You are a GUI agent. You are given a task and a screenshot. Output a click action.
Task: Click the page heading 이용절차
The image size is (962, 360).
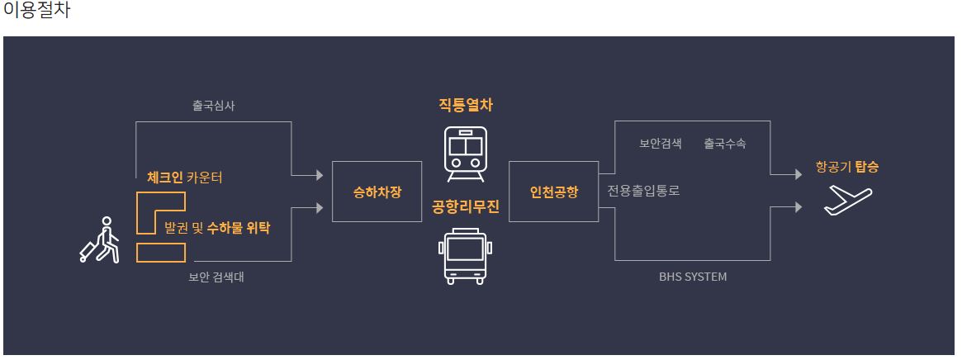36,12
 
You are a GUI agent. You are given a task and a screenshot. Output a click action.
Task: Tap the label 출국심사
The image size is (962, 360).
214,105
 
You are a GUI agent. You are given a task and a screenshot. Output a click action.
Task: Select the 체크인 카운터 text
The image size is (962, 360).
184,177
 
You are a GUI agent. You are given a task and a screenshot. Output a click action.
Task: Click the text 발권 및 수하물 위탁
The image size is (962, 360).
217,227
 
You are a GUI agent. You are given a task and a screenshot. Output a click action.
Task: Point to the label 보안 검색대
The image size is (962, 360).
216,277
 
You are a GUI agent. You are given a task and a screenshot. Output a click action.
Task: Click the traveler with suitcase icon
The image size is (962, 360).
99,240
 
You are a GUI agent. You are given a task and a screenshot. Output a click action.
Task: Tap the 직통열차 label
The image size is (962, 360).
466,105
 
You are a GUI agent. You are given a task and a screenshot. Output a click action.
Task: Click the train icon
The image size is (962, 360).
466,154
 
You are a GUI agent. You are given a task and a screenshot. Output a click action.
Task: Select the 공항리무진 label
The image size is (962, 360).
466,206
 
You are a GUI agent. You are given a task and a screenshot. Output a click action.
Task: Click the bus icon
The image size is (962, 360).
466,257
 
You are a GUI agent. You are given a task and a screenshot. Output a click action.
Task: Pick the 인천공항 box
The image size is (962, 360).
553,192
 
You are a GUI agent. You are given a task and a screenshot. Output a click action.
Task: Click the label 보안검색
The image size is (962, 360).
661,143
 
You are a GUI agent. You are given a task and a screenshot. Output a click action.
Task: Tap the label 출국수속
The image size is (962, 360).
725,143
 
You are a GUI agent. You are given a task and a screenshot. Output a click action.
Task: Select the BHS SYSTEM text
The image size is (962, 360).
693,277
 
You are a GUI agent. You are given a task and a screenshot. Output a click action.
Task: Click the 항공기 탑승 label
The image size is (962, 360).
846,167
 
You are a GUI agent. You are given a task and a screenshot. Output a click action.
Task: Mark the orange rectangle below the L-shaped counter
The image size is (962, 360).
161,253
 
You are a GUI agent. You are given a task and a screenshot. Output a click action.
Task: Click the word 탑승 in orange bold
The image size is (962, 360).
867,167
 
